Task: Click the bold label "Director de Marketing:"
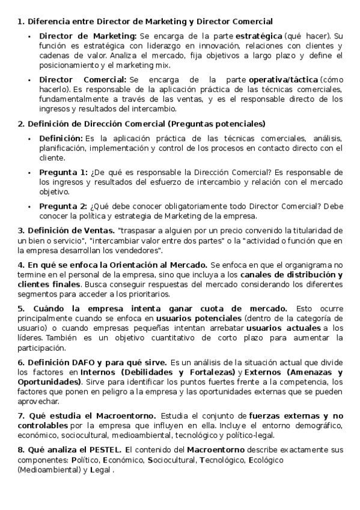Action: point(88,36)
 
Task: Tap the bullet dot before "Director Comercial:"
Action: point(30,79)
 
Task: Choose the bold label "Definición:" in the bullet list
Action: point(61,138)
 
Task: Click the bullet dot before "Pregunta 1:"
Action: point(30,172)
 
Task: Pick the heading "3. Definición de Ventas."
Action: point(66,230)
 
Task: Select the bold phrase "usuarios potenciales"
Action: point(198,318)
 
